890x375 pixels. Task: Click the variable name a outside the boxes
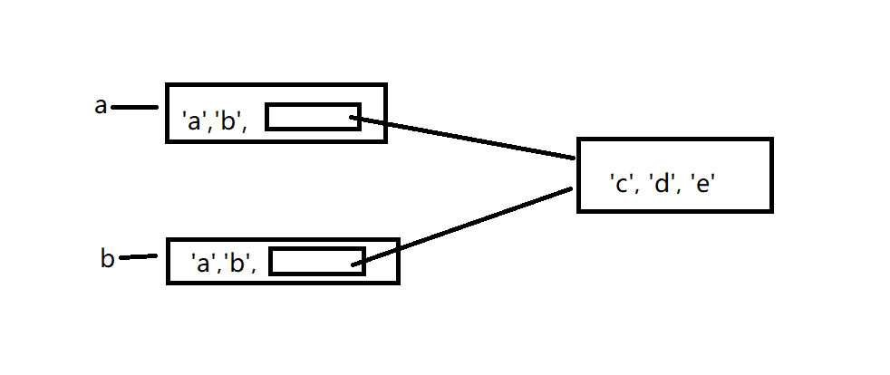(x=101, y=106)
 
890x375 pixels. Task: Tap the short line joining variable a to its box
(x=134, y=108)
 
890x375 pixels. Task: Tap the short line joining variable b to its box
(x=138, y=256)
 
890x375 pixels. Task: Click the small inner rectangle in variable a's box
(x=313, y=117)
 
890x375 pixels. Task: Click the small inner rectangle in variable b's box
(x=316, y=260)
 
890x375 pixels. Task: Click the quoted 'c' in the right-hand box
(x=622, y=184)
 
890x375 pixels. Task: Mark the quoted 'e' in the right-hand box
(x=706, y=184)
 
